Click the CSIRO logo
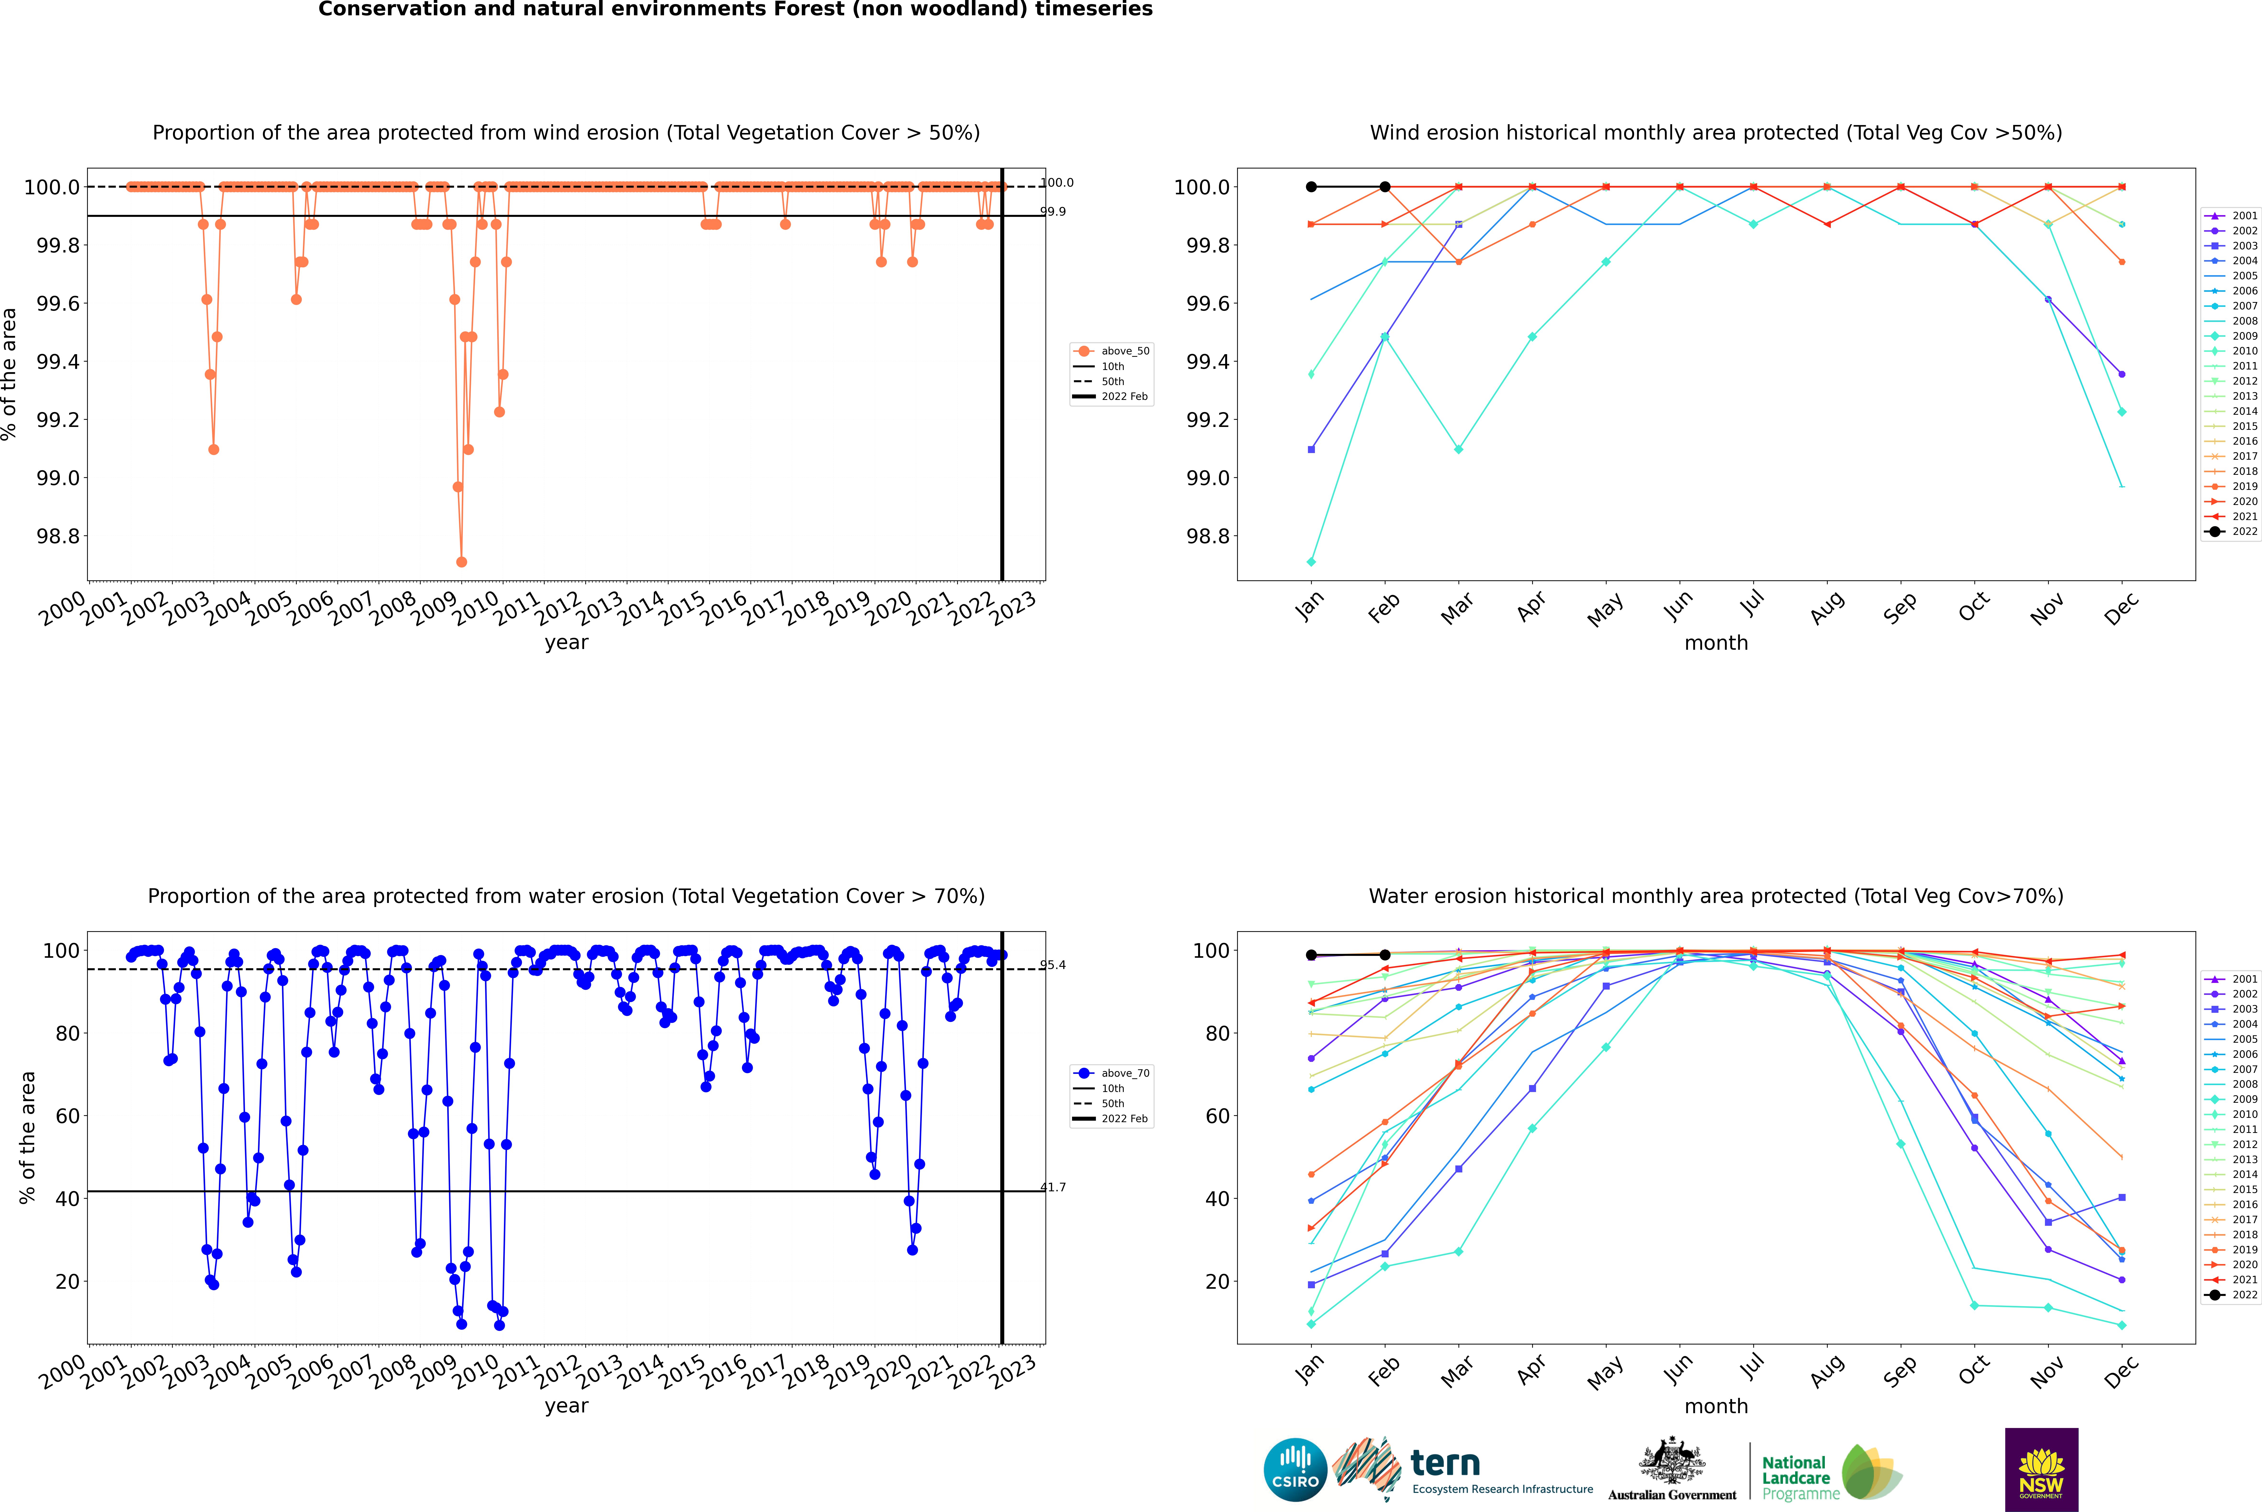pos(1295,1470)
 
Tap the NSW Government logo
pos(2041,1470)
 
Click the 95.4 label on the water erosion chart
pos(1053,965)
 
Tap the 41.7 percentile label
pos(1053,1187)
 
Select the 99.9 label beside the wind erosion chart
pos(1053,211)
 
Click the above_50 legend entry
pos(1124,351)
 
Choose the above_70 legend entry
pos(1124,1073)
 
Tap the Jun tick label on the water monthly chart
pos(1678,1369)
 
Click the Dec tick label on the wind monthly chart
pos(2121,607)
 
